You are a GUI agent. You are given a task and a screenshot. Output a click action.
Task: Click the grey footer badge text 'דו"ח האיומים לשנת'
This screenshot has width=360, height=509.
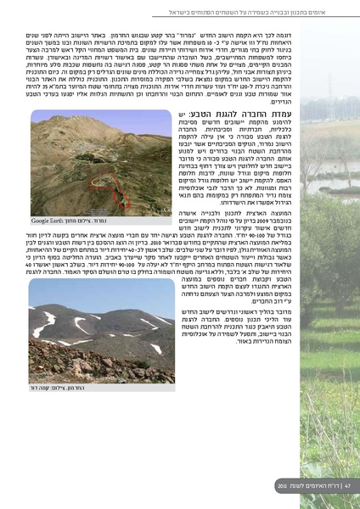309,486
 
